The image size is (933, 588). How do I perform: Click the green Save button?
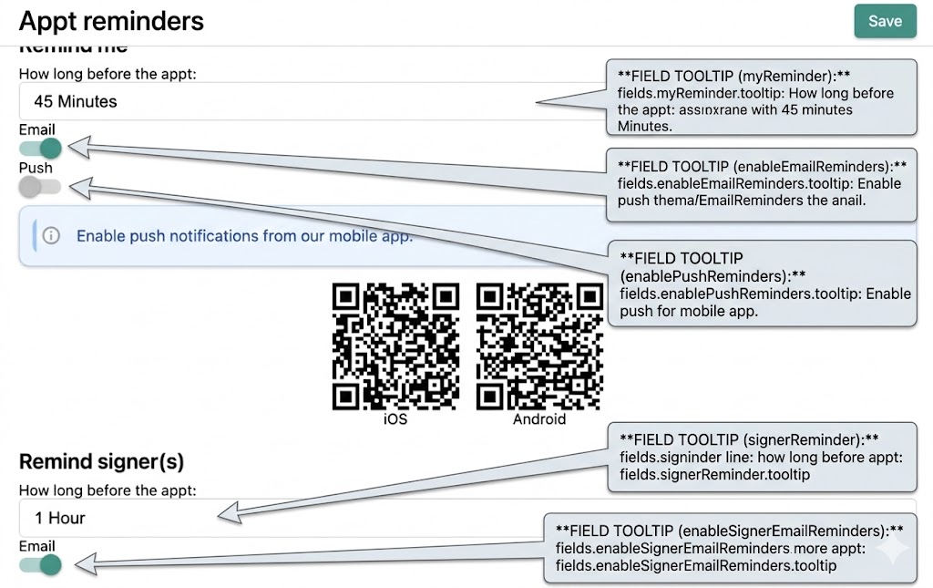click(884, 21)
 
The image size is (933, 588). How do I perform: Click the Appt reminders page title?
click(111, 21)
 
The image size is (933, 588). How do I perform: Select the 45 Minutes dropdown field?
click(273, 101)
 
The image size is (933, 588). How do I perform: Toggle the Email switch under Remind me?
click(41, 149)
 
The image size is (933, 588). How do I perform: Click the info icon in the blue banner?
click(51, 236)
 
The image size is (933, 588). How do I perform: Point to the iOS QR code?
click(395, 346)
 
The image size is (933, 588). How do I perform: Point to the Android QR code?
click(539, 346)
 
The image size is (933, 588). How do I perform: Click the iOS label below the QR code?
click(395, 419)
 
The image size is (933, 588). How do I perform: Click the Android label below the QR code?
click(539, 419)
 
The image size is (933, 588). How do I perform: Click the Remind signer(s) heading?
click(101, 461)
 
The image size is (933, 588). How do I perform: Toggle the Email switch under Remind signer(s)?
click(41, 565)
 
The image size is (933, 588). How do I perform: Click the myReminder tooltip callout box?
click(762, 98)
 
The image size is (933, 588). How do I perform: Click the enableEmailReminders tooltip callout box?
click(762, 183)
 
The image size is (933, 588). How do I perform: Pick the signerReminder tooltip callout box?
click(762, 456)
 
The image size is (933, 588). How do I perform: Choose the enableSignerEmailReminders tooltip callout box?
click(729, 548)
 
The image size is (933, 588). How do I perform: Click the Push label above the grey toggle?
click(36, 168)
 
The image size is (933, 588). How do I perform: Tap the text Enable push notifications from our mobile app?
click(244, 236)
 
